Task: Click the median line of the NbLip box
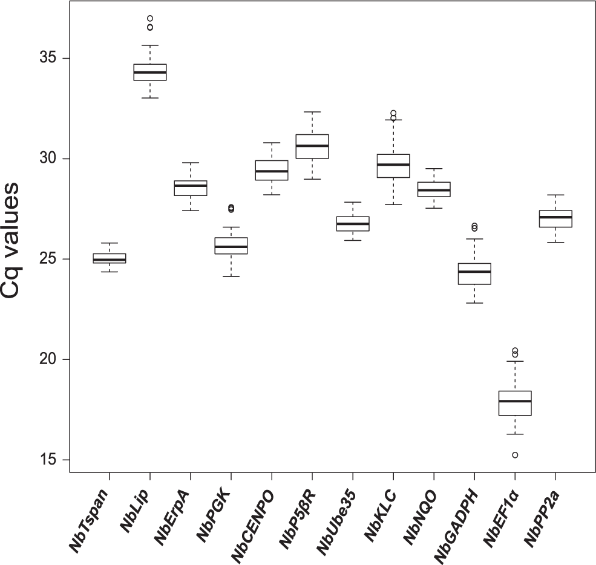(150, 72)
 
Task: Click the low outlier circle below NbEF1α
(515, 455)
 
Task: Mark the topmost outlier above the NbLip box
(150, 19)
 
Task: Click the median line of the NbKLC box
(393, 165)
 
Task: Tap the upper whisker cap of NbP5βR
(312, 112)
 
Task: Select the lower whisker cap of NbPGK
(231, 276)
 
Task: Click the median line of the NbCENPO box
(272, 171)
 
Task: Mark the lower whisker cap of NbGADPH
(474, 302)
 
